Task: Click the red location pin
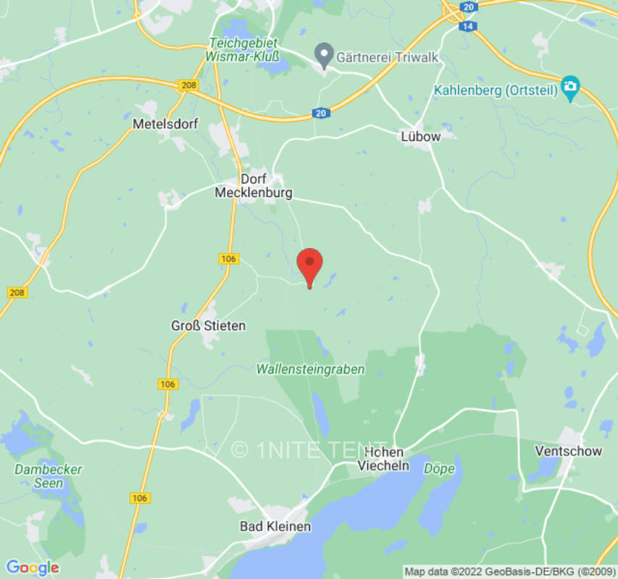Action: [x=310, y=265]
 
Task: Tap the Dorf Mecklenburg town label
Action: [x=254, y=186]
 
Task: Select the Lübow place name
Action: [x=420, y=136]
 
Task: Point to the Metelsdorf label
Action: [x=165, y=124]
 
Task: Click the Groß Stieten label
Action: [x=208, y=326]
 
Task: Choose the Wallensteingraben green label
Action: [x=310, y=369]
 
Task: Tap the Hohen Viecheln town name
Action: [x=384, y=458]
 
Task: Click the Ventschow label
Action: [x=568, y=451]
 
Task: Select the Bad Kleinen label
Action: [x=275, y=526]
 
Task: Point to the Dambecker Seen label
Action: [x=49, y=476]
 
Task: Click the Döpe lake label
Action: [x=439, y=468]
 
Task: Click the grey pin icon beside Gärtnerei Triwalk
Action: [x=324, y=54]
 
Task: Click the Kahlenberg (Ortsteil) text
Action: [x=496, y=90]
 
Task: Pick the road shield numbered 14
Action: [x=464, y=25]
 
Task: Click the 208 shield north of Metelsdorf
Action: [x=188, y=85]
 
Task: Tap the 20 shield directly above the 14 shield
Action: [x=469, y=7]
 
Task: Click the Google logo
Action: [x=33, y=567]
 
